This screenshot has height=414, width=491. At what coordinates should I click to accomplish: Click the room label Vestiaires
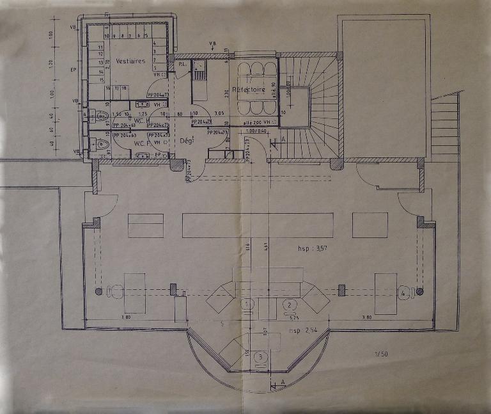[131, 61]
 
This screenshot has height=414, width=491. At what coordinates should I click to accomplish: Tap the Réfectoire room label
[249, 90]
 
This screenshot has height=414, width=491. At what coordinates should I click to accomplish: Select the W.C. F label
[141, 143]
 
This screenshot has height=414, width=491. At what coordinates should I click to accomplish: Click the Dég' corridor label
[187, 140]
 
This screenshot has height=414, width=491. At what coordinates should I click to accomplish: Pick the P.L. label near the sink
[181, 64]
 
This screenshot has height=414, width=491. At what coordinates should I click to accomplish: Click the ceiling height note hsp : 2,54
[304, 330]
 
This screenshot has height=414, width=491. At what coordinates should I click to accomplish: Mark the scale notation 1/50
[381, 354]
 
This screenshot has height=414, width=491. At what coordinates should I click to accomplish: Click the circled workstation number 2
[290, 304]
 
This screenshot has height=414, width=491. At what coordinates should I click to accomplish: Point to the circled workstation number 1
[247, 303]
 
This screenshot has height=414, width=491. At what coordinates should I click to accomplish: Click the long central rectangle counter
[257, 225]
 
